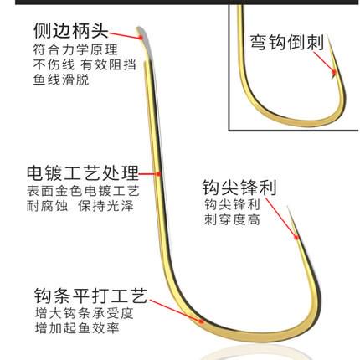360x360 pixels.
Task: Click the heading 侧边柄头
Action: pos(71,30)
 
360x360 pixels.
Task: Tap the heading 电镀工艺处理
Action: pos(83,172)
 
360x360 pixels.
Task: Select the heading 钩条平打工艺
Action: pos(90,296)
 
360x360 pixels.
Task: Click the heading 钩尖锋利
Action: pos(239,188)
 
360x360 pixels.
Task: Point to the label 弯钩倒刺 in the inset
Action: pos(286,43)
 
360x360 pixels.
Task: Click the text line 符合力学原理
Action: pos(75,50)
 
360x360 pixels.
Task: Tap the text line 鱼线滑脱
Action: pos(61,80)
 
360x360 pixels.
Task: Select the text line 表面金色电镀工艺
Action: pos(83,191)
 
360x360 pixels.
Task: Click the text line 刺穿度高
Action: pos(232,219)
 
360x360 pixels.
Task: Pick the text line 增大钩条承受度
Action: pos(85,313)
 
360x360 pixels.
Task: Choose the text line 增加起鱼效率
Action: pos(77,327)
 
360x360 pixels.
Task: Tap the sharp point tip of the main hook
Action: pos(288,207)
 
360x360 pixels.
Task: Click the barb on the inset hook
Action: pos(333,75)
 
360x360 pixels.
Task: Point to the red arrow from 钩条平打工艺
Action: pos(177,311)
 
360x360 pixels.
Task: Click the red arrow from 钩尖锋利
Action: pos(282,219)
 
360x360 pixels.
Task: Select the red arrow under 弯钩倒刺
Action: pos(324,63)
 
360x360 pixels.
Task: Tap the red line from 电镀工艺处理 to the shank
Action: pos(150,174)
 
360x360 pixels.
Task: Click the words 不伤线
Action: pos(54,64)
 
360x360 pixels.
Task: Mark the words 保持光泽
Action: pos(105,206)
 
